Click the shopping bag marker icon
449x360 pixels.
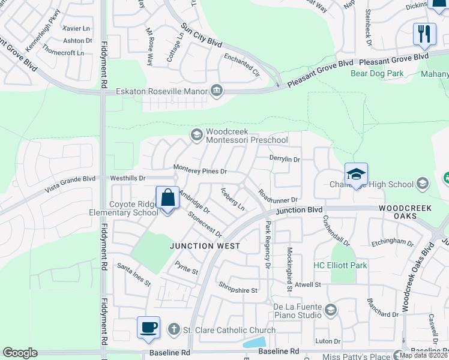click(167, 197)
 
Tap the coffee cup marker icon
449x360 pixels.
click(148, 328)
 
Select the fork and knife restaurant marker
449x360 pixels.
click(424, 34)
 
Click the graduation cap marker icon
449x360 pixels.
click(356, 175)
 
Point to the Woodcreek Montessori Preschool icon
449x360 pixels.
click(196, 135)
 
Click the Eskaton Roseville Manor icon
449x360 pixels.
click(217, 92)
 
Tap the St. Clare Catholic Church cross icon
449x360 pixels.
click(174, 329)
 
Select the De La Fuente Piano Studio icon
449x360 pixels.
click(331, 310)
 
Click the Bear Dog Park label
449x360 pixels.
click(377, 74)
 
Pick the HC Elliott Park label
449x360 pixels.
click(340, 265)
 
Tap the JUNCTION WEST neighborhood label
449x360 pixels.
click(205, 246)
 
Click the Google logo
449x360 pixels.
click(20, 353)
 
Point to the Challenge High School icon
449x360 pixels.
click(423, 184)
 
